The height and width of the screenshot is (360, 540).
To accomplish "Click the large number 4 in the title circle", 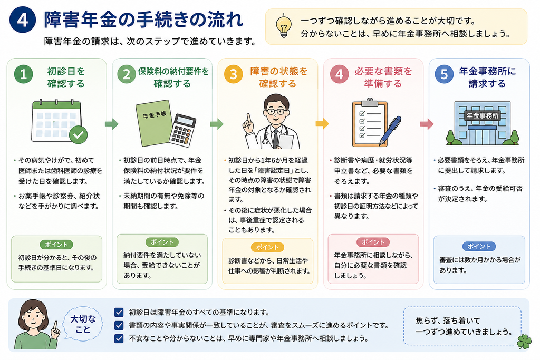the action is tap(22, 20).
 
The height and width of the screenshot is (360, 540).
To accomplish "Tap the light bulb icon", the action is tap(283, 26).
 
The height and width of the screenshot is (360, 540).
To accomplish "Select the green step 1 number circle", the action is tap(23, 74).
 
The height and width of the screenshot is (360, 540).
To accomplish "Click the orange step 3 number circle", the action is tap(233, 74).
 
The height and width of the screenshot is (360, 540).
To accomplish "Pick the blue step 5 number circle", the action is tap(444, 74).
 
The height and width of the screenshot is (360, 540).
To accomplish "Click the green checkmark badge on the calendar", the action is tap(78, 134).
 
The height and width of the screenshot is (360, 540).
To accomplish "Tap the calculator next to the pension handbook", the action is tap(182, 130).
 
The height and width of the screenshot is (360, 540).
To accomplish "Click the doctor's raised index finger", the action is tap(248, 118).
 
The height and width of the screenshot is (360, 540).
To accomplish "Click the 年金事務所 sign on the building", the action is tap(482, 115).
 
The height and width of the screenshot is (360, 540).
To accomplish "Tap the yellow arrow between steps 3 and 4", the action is tap(322, 123).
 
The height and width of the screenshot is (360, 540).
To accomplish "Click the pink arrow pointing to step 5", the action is tap(427, 124).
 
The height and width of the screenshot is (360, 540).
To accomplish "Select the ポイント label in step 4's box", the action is tap(373, 242).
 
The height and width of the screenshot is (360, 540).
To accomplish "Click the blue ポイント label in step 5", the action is tap(479, 247).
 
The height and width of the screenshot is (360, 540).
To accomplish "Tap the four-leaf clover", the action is tap(524, 342).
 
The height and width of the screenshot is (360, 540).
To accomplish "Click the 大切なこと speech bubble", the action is tap(83, 324).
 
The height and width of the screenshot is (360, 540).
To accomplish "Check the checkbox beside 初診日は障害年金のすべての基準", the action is tap(119, 312).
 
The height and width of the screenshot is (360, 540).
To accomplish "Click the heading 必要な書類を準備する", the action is tap(383, 77).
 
